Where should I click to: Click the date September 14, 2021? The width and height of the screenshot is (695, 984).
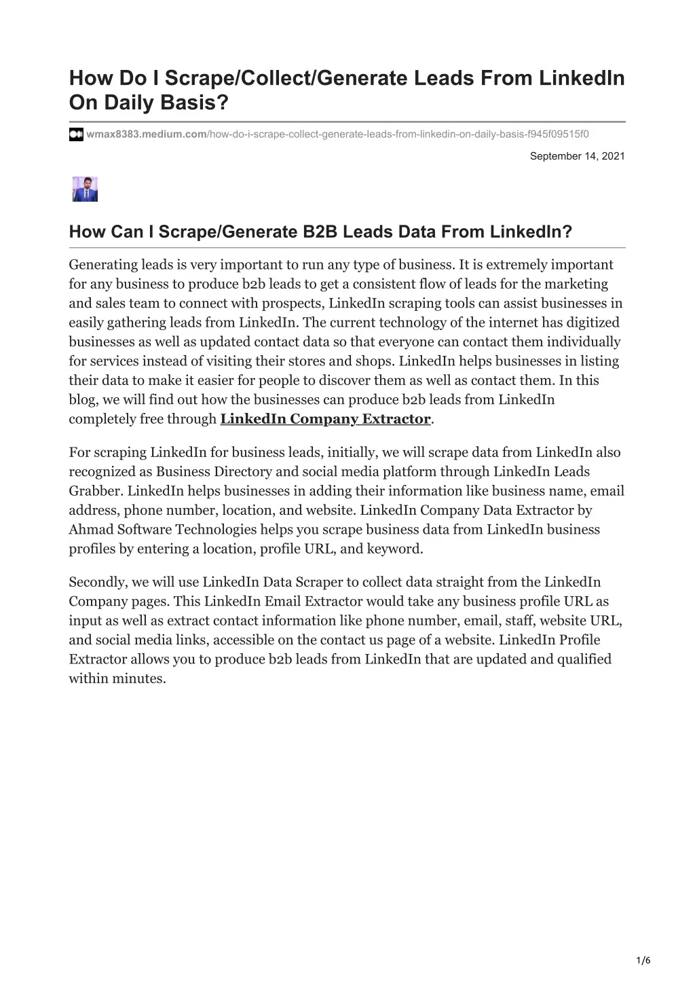[x=577, y=156]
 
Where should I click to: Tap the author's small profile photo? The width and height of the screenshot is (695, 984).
[x=86, y=189]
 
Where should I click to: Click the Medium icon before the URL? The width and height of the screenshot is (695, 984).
[x=76, y=134]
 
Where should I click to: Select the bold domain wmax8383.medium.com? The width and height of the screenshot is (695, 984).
[x=146, y=134]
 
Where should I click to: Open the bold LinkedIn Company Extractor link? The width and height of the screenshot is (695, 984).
[x=326, y=419]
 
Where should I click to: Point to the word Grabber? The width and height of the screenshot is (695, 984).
[x=95, y=491]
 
